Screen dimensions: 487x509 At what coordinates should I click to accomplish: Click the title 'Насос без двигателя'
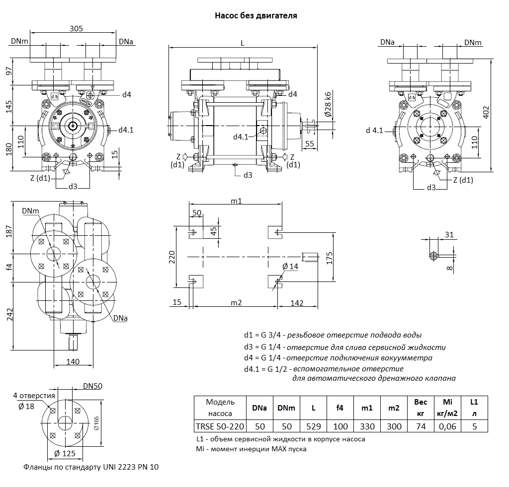tap(255, 16)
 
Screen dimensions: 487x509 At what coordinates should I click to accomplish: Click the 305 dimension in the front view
tap(76, 29)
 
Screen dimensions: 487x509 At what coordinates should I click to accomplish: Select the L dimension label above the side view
tap(243, 43)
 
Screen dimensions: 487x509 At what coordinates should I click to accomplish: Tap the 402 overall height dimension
tap(486, 114)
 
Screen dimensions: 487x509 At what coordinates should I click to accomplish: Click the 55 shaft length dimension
tap(310, 144)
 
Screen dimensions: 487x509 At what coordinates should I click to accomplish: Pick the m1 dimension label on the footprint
tap(236, 201)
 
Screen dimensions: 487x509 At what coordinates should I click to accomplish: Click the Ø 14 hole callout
tap(290, 267)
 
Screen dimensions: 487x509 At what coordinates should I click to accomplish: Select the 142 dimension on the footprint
tap(296, 303)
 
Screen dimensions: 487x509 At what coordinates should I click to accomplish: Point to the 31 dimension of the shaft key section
tap(449, 235)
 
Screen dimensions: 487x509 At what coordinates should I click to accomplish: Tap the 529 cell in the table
tap(313, 426)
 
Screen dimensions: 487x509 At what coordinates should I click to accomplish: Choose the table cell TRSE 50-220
tap(220, 426)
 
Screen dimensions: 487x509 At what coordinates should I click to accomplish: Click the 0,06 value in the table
tap(447, 426)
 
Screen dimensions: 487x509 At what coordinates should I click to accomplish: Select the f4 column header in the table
tap(340, 408)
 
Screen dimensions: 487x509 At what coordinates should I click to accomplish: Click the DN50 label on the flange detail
tap(93, 386)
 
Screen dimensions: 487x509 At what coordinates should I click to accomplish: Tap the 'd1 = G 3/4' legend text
tap(263, 335)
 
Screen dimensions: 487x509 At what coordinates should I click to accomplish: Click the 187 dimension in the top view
tap(9, 231)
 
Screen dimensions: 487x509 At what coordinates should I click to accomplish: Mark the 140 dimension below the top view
tap(73, 361)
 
